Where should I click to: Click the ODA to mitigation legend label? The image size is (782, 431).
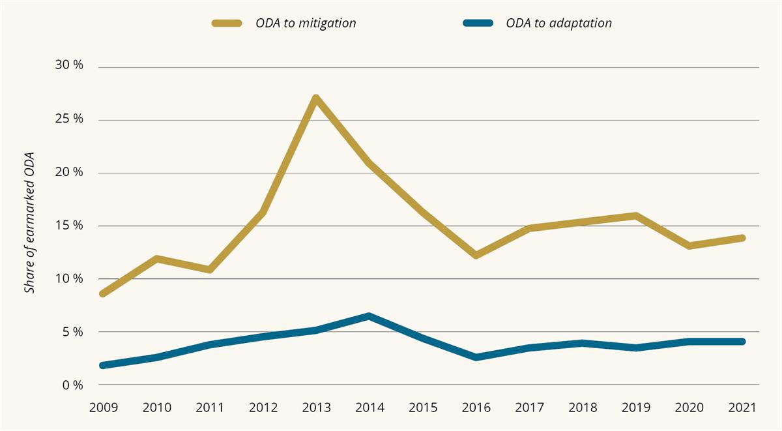(306, 23)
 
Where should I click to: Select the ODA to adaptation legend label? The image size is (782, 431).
(558, 23)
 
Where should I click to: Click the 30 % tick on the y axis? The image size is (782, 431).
(69, 67)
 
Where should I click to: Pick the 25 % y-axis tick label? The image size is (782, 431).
(69, 120)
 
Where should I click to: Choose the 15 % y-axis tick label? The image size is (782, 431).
(69, 226)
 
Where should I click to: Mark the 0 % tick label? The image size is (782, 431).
(72, 385)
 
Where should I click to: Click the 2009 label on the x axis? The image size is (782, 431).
(104, 408)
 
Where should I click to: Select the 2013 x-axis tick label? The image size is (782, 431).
(316, 408)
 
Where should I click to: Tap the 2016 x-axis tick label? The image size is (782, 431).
(476, 408)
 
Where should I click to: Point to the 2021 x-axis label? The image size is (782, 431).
(742, 408)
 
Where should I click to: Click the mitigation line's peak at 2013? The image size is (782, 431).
(316, 99)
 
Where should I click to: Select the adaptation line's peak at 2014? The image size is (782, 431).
(369, 316)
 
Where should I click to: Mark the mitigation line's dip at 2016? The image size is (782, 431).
(476, 255)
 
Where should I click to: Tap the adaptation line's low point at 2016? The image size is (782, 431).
(476, 357)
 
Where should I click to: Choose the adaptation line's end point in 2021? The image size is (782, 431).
(742, 341)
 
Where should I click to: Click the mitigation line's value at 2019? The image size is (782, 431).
(635, 216)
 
